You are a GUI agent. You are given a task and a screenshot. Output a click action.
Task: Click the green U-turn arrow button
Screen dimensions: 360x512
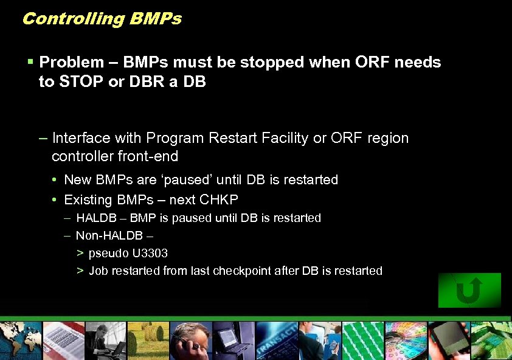tap(469, 290)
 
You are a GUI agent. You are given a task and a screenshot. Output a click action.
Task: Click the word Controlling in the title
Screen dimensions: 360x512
tap(72, 19)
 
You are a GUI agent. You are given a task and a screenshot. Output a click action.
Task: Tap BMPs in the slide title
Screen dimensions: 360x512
tap(155, 19)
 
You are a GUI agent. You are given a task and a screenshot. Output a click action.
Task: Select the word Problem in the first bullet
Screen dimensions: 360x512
tap(71, 62)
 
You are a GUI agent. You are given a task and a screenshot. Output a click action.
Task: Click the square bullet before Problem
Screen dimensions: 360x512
tap(30, 62)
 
